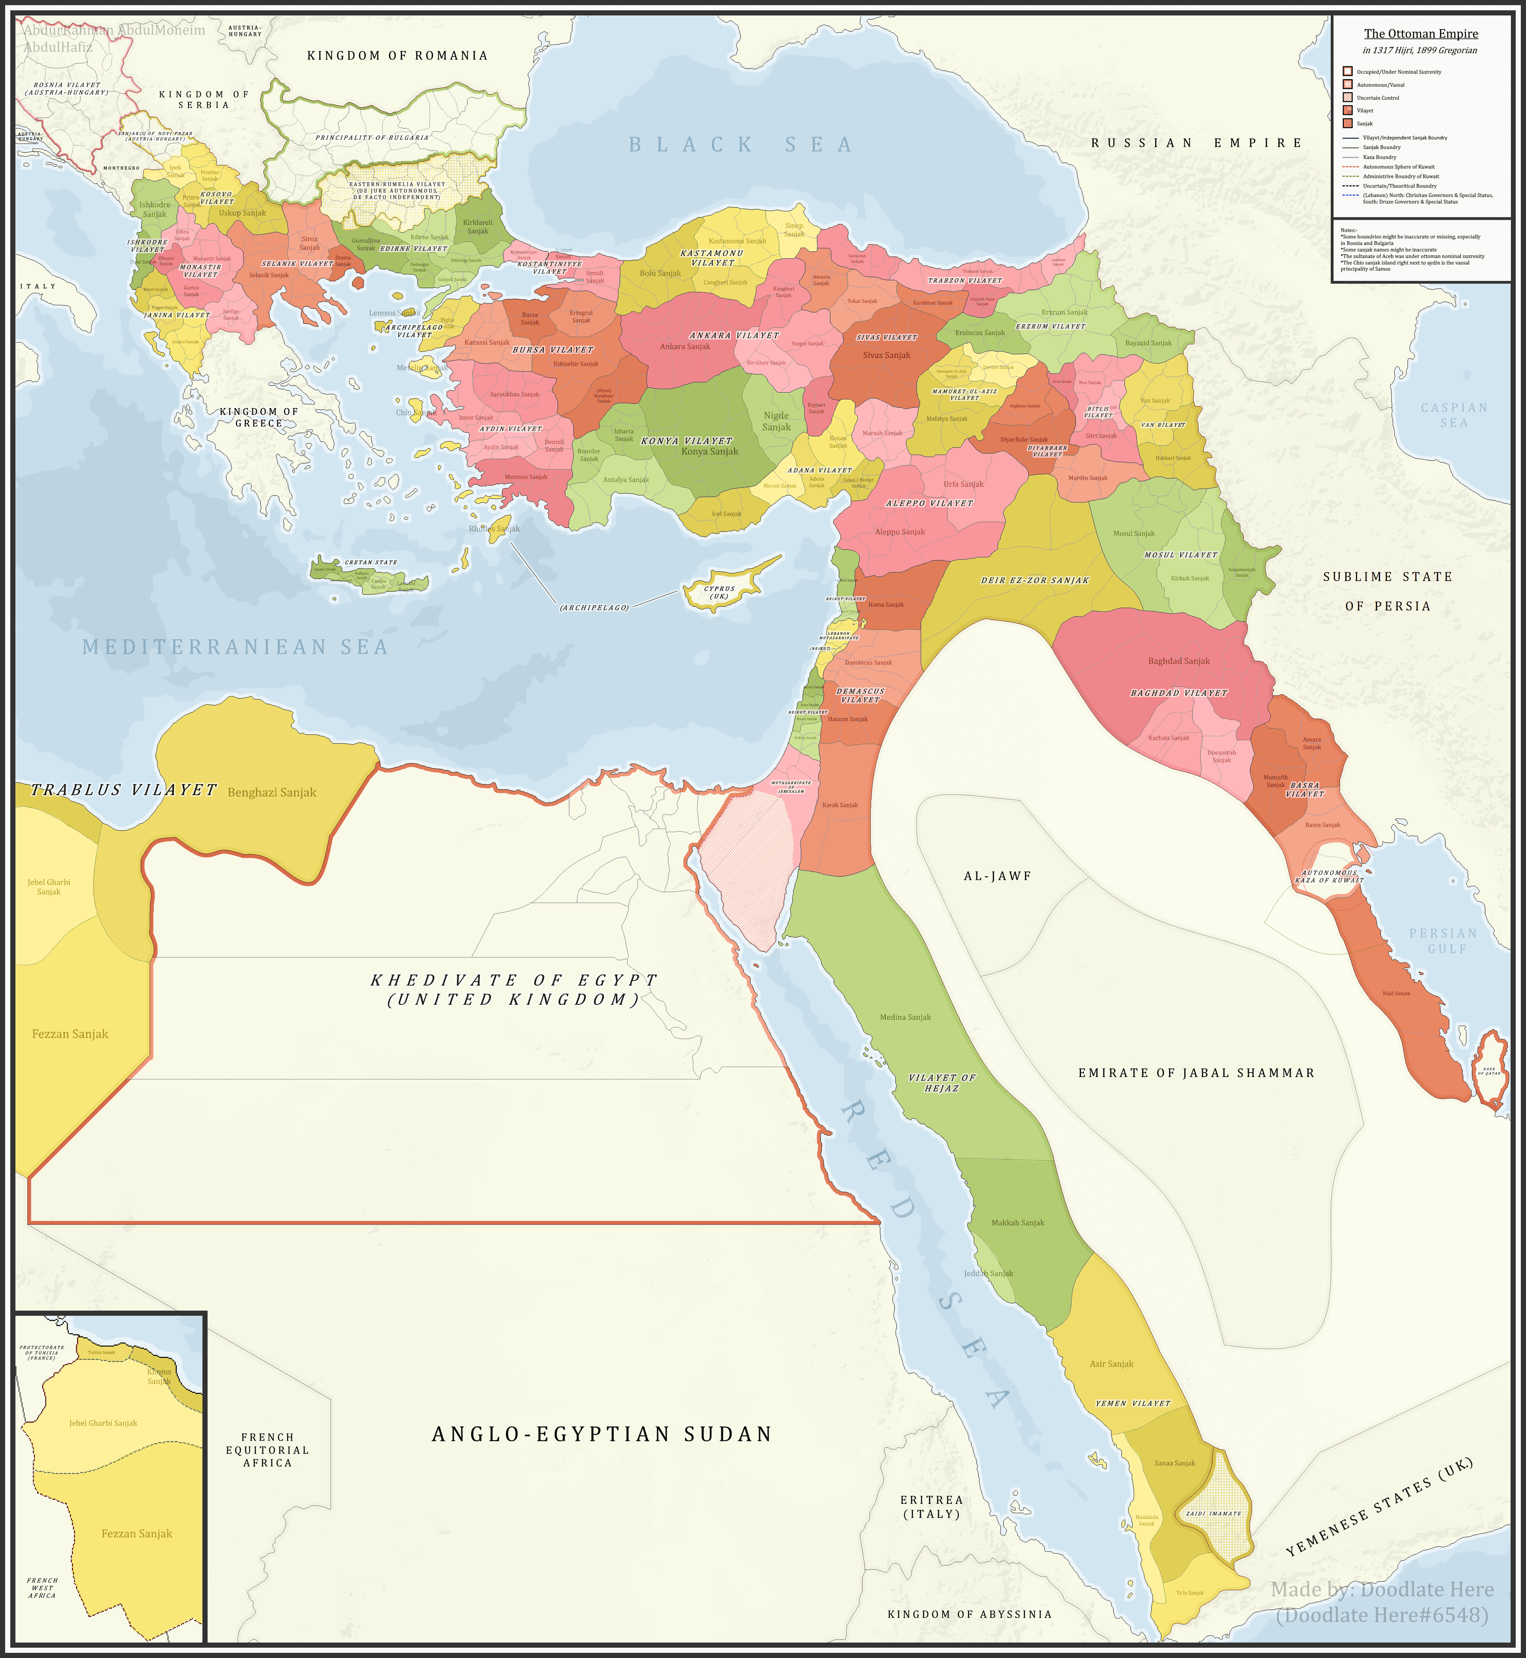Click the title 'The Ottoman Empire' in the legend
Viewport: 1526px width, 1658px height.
pos(1420,34)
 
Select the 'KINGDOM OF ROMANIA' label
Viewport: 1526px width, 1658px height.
pos(397,55)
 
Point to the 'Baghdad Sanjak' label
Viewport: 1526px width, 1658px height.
pos(1178,660)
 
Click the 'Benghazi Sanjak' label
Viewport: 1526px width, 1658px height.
pos(272,793)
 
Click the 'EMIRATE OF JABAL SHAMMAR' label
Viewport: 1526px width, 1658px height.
pos(1196,1073)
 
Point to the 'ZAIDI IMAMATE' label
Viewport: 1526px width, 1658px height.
pos(1213,1513)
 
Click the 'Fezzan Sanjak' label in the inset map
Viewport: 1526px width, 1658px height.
pos(137,1533)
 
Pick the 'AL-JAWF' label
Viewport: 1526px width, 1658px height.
pos(997,876)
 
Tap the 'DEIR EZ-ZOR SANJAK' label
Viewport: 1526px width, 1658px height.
pos(1035,581)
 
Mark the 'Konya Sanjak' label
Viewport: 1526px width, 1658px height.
pos(709,451)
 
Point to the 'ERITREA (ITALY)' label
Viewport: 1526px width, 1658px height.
pos(931,1507)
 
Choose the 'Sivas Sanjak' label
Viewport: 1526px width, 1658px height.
pos(886,355)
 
